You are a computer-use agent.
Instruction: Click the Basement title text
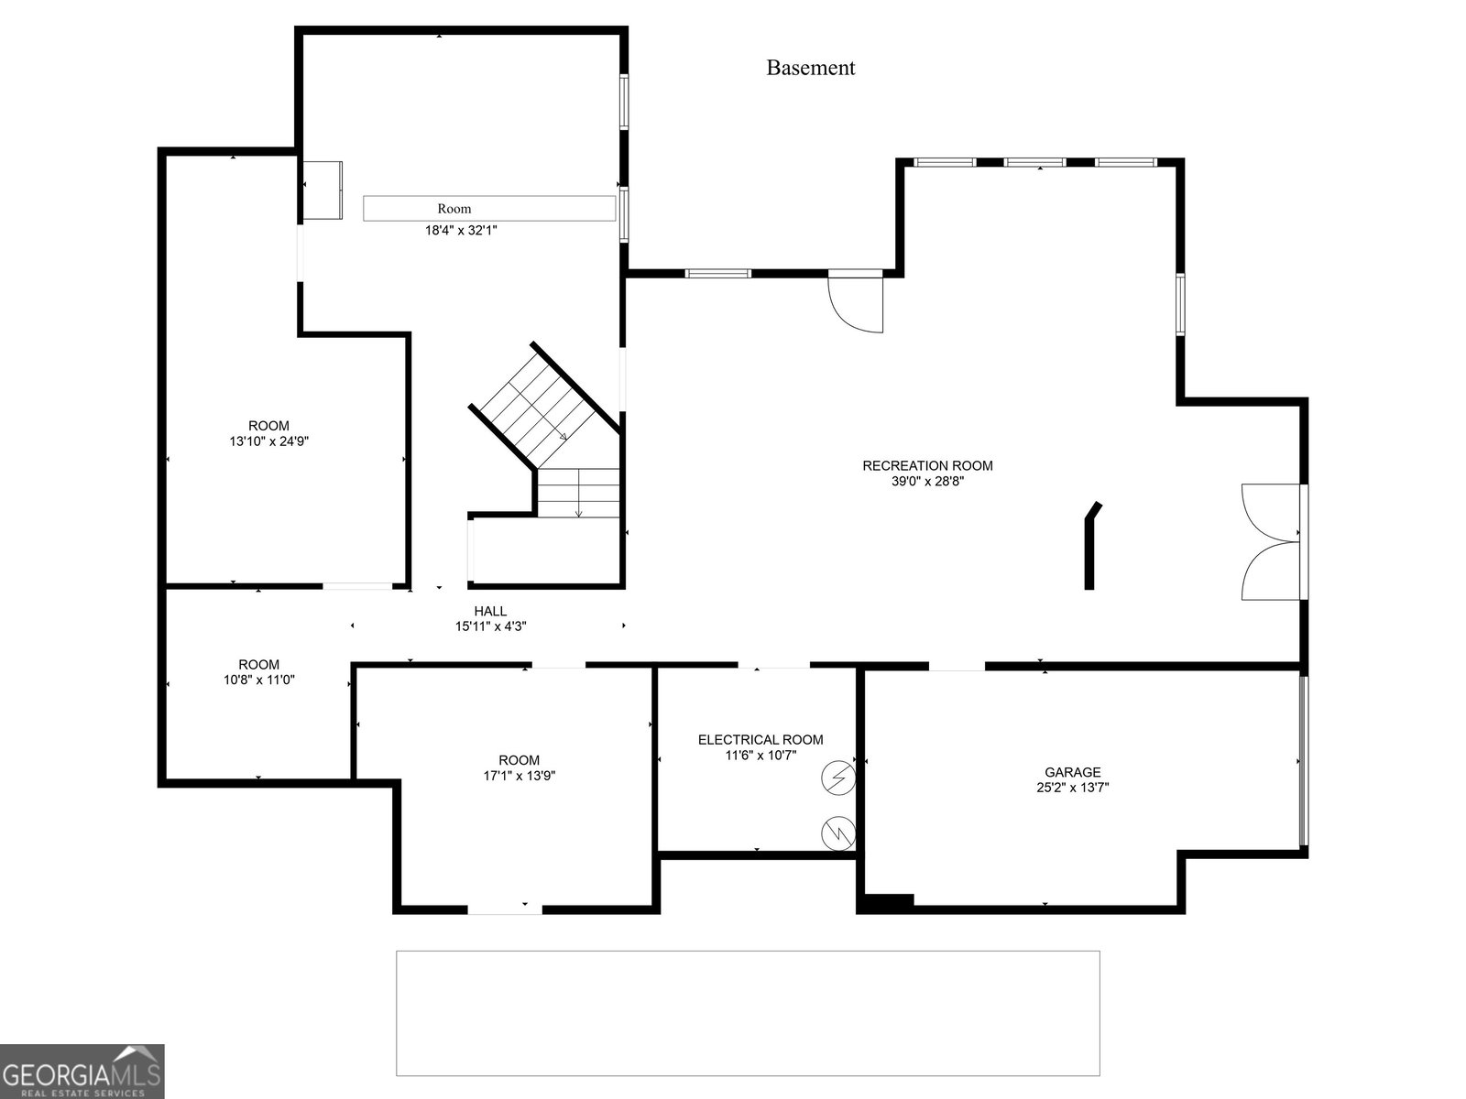click(x=810, y=68)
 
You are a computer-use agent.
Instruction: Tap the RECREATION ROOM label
click(x=927, y=466)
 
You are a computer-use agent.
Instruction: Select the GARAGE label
click(x=1073, y=772)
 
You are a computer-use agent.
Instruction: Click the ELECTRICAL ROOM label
click(x=760, y=739)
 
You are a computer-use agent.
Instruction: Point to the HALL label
click(x=490, y=611)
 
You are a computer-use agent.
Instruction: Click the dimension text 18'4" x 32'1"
click(x=462, y=231)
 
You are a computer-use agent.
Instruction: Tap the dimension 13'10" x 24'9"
click(x=269, y=441)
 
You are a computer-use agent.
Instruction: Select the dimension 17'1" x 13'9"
click(x=519, y=776)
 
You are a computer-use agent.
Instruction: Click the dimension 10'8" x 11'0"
click(x=259, y=680)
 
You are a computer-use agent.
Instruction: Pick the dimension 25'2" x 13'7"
click(x=1073, y=788)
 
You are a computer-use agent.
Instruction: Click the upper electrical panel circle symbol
click(x=838, y=778)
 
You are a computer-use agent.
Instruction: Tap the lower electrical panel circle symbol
click(x=838, y=832)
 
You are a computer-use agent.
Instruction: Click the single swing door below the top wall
click(x=856, y=304)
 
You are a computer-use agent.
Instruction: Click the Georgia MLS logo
click(x=82, y=1071)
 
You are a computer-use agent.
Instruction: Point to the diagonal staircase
click(x=544, y=407)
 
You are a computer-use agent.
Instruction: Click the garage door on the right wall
click(x=1304, y=761)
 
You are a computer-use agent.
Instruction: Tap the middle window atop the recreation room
click(x=1035, y=162)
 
